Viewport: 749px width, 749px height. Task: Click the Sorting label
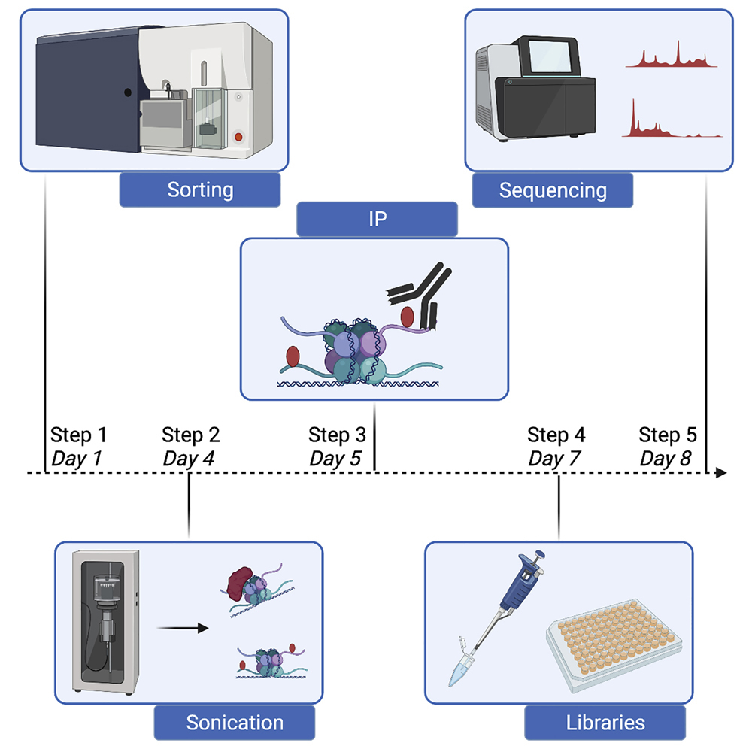(x=200, y=190)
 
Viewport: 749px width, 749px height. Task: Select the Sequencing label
(x=553, y=190)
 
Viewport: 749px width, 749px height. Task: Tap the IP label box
(x=377, y=220)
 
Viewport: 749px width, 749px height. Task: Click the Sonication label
(x=235, y=723)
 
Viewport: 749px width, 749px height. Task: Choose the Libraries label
(x=605, y=723)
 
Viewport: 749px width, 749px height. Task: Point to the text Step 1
(x=79, y=435)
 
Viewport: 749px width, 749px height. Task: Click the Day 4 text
(x=190, y=458)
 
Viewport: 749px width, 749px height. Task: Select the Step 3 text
(x=337, y=435)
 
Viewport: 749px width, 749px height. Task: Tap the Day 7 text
(x=556, y=458)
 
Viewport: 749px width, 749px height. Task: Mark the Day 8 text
(x=667, y=458)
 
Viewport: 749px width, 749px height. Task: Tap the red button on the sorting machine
(x=239, y=138)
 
